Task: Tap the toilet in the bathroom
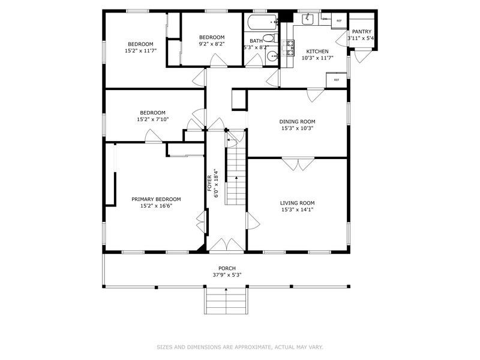(269, 39)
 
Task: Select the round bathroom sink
(271, 57)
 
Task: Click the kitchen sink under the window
(308, 20)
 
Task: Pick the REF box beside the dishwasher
(339, 21)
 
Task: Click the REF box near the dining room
(337, 80)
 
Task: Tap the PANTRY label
(361, 32)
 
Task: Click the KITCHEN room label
(317, 51)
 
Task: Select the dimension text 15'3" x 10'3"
(297, 128)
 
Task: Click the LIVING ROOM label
(297, 203)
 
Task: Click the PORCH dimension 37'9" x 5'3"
(226, 275)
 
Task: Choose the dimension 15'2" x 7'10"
(152, 119)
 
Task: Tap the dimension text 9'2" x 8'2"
(211, 44)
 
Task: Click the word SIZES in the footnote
(166, 347)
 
